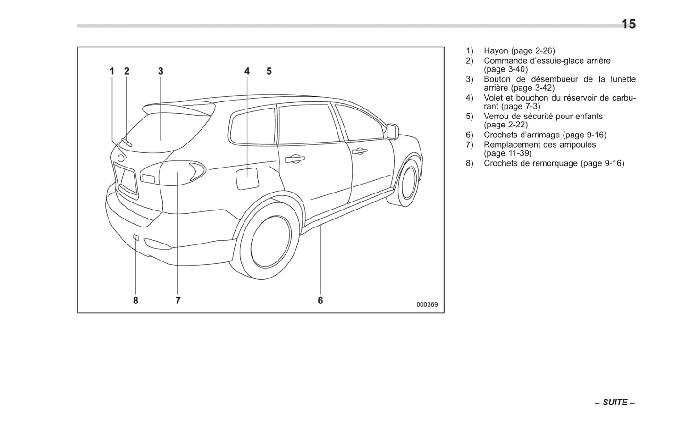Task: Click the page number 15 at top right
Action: [x=628, y=24]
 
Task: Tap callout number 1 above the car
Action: [x=112, y=71]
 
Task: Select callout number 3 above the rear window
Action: [x=160, y=71]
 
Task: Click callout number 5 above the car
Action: [x=269, y=71]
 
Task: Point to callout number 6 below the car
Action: [x=320, y=300]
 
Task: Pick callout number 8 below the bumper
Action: [x=135, y=300]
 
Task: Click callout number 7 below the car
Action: [x=178, y=300]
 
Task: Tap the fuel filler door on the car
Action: [x=247, y=179]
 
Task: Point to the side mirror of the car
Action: [x=392, y=131]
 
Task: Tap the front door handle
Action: [x=359, y=151]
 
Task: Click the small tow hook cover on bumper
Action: [x=135, y=237]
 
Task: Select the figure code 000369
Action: [x=427, y=304]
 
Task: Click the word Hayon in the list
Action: [x=496, y=51]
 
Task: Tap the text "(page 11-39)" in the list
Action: [x=507, y=153]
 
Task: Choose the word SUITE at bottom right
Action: [x=615, y=403]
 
